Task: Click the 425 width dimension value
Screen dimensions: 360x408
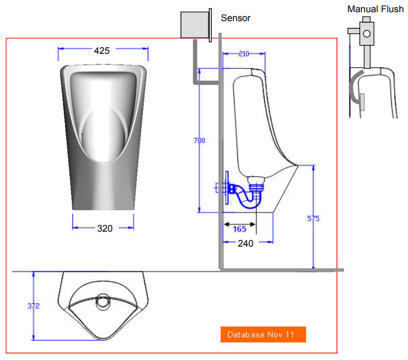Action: [x=102, y=51]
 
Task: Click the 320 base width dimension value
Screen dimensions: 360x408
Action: [x=105, y=228]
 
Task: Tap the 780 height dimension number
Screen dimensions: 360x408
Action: [x=199, y=141]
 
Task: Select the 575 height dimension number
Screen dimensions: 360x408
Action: [x=314, y=218]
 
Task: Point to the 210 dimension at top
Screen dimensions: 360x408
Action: [x=243, y=54]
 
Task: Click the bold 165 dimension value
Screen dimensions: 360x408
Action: [x=239, y=229]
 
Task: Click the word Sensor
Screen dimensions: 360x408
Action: [x=236, y=18]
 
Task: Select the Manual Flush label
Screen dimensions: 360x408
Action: [x=375, y=9]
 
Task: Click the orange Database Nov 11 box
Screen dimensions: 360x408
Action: [x=263, y=334]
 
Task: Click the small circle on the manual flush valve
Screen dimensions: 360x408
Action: [x=367, y=33]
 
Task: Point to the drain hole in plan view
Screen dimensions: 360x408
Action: [x=103, y=303]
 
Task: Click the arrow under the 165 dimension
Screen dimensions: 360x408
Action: [x=239, y=224]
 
